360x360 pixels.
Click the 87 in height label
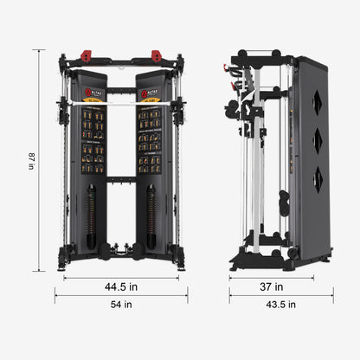pos(32,161)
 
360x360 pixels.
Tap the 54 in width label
pos(122,304)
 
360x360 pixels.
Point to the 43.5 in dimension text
pos(281,304)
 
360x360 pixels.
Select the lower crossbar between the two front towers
pos(121,180)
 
